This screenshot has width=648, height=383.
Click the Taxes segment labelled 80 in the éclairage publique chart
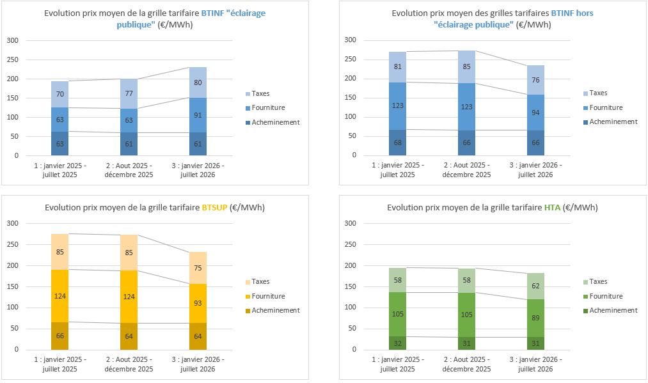pyautogui.click(x=198, y=82)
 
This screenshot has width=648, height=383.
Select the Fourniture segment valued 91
pyautogui.click(x=198, y=115)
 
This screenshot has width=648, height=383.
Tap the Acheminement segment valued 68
pyautogui.click(x=397, y=142)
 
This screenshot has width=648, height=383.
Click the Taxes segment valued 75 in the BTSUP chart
pyautogui.click(x=198, y=268)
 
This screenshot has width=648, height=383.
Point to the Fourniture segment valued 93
pyautogui.click(x=198, y=302)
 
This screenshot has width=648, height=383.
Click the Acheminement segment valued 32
pyautogui.click(x=397, y=343)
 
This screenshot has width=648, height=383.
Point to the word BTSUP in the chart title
pyautogui.click(x=215, y=207)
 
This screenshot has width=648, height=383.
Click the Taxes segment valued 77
pyautogui.click(x=129, y=94)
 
